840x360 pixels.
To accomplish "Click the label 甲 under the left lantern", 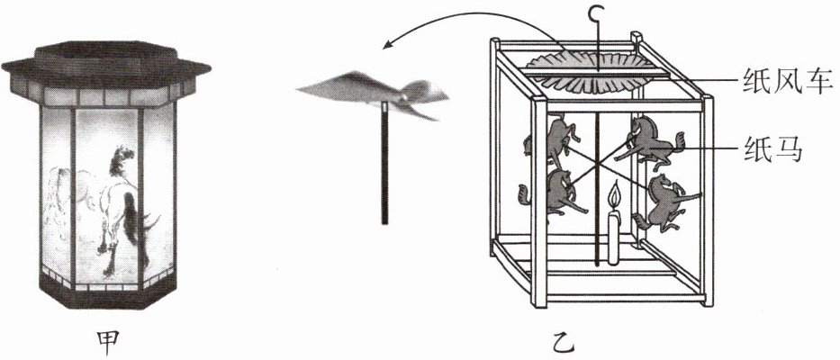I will tap(109, 341).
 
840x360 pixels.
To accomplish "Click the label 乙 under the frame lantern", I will tap(569, 341).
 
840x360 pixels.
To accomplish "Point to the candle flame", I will tap(614, 195).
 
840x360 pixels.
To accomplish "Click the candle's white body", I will tap(614, 237).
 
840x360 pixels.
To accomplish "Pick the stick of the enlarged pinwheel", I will tap(384, 162).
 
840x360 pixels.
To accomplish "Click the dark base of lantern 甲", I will tap(106, 292).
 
